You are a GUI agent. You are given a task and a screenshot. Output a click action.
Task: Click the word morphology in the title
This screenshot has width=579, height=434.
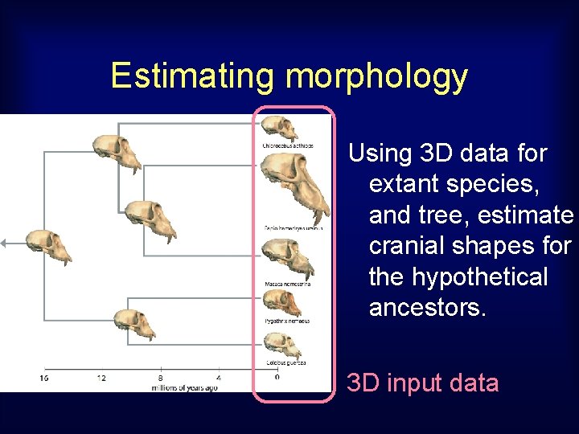click(x=376, y=76)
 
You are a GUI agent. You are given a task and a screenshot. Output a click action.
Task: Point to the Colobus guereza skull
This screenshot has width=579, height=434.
click(x=284, y=345)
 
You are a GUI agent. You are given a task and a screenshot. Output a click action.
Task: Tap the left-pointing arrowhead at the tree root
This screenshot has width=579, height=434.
click(x=3, y=242)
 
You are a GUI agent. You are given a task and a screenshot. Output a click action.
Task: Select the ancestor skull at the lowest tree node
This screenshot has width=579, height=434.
click(x=133, y=323)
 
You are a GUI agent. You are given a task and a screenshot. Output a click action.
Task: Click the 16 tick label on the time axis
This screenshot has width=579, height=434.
click(x=43, y=377)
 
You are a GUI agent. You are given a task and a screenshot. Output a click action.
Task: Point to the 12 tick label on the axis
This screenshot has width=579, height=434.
click(x=101, y=377)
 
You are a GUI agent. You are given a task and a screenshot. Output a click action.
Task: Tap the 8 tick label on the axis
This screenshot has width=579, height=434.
click(x=160, y=377)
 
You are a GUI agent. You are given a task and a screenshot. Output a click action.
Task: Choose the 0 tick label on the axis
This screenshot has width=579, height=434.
click(x=277, y=376)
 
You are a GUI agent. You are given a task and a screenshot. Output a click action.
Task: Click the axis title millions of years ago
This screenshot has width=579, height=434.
click(x=184, y=387)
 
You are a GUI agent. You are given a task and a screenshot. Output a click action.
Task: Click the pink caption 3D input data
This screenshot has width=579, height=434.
click(x=422, y=383)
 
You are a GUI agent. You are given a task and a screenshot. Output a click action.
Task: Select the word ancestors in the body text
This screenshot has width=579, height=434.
click(x=427, y=308)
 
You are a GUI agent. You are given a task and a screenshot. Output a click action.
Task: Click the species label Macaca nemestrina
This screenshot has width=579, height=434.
click(x=287, y=284)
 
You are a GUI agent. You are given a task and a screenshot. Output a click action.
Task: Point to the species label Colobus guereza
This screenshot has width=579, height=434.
click(x=285, y=364)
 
